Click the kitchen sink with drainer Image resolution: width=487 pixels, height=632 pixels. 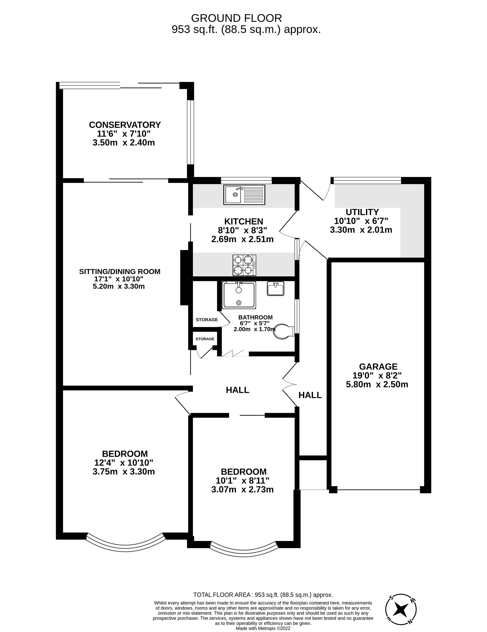click(244, 195)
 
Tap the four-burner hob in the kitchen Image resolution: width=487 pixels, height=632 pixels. click(244, 265)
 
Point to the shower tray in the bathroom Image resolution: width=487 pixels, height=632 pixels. click(239, 295)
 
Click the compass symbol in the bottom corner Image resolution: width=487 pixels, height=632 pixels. click(401, 609)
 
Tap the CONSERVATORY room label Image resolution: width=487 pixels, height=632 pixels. click(125, 125)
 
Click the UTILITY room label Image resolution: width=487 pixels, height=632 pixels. click(362, 212)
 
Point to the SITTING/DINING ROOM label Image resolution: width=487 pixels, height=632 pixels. click(120, 271)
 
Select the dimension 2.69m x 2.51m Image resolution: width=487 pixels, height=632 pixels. click(242, 239)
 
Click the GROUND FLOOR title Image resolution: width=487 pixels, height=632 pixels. click(236, 18)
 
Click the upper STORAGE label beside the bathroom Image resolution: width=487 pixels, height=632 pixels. click(207, 320)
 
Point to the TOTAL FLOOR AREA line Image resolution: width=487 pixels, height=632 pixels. click(263, 595)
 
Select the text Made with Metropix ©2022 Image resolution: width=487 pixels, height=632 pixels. click(263, 628)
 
